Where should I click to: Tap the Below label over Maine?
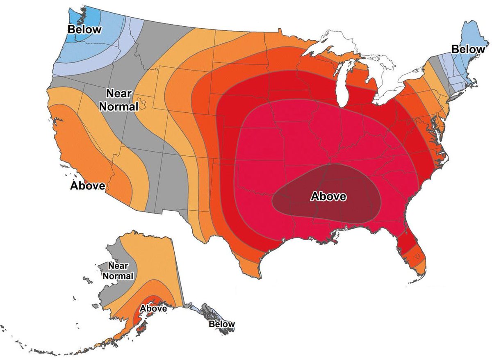click(467, 49)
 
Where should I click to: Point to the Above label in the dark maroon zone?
click(328, 196)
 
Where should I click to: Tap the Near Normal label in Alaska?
click(118, 271)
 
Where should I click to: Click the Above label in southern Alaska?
click(153, 308)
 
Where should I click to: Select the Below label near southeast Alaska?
click(221, 324)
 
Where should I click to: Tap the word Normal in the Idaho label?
click(121, 107)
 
